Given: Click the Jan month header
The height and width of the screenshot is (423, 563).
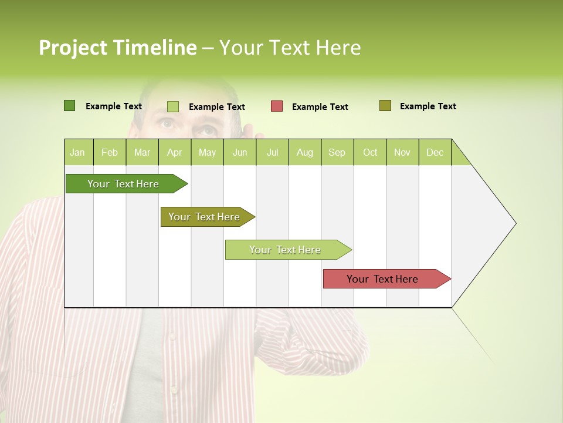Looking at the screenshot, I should tap(77, 152).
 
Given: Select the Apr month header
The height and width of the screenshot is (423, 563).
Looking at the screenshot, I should tap(174, 152).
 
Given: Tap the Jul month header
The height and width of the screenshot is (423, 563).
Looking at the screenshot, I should tap(272, 152).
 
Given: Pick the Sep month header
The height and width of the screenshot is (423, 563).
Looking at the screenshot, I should tap(337, 152).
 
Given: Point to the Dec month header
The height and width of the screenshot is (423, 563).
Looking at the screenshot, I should tap(435, 152).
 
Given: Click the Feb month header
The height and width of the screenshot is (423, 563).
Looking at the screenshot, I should tap(110, 152).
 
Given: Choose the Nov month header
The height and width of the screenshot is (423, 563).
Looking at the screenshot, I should tap(402, 152).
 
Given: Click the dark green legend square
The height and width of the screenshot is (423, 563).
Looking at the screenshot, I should tap(69, 106).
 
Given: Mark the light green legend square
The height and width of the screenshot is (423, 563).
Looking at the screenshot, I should tap(172, 106).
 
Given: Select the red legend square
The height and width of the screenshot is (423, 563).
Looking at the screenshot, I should tap(277, 106).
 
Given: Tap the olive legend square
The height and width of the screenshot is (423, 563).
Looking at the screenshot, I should tap(385, 106).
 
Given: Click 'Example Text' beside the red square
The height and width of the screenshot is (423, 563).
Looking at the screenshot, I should tap(320, 107).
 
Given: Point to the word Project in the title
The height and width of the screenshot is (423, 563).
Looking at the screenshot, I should tap(73, 48).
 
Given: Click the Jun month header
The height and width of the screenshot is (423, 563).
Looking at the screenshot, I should tap(240, 152).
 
